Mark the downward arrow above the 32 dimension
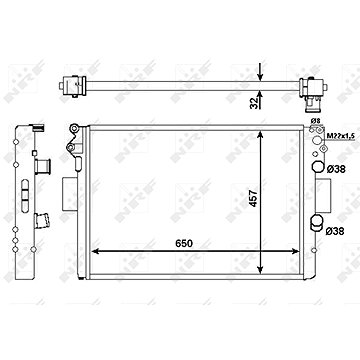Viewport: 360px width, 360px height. coord(258,70)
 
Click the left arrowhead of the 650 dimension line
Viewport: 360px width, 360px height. coord(94,249)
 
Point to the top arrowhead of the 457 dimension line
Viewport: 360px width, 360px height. coord(259,132)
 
